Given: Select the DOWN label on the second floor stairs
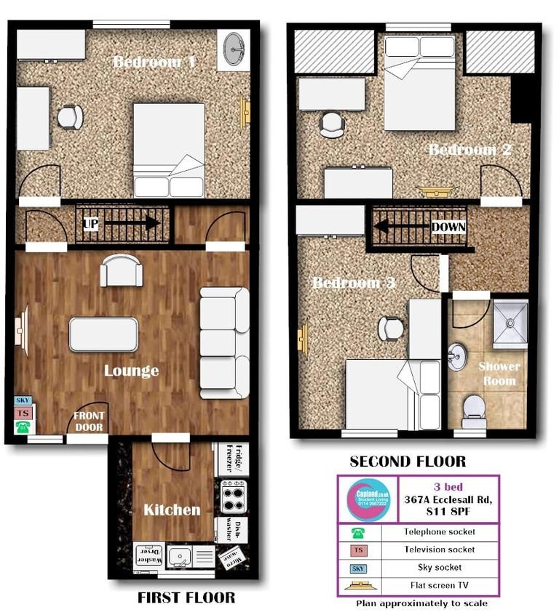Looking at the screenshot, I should (x=447, y=227).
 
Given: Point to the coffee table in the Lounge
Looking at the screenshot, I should (x=103, y=334).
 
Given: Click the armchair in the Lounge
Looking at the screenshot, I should (x=117, y=270).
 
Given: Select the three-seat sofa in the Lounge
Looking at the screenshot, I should (x=224, y=342).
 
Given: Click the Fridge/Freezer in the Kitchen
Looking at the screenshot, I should (x=233, y=458).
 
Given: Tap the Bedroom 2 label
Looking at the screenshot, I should (x=470, y=150).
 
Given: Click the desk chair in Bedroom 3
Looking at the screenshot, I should (x=391, y=329).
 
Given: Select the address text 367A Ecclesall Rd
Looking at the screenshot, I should (x=448, y=499).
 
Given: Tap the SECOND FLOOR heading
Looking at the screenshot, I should (x=408, y=462).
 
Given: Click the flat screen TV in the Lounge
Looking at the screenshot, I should (x=20, y=333).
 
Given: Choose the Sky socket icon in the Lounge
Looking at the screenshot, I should (x=21, y=400).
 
